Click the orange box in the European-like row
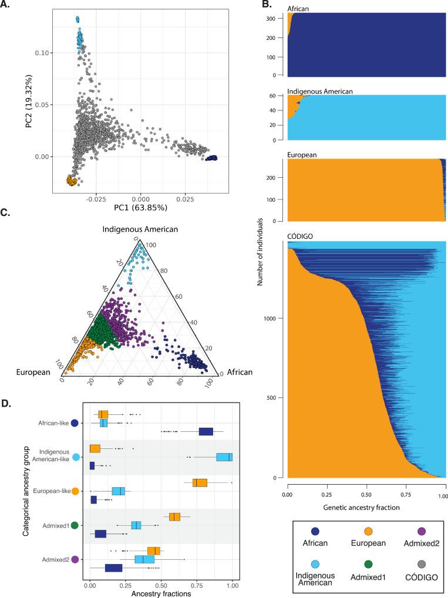coord(200,482)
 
